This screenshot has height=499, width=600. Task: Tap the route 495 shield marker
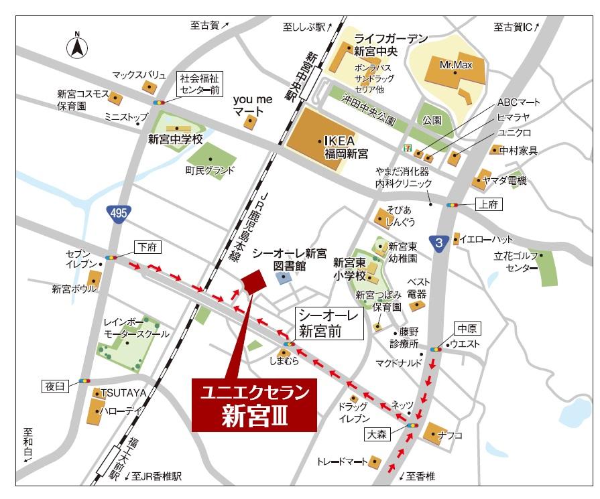[119, 213]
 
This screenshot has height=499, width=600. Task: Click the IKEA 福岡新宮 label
[346, 148]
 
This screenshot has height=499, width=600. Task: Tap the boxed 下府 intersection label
[147, 247]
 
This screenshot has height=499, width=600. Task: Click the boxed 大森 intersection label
[377, 434]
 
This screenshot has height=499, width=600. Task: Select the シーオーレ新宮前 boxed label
[329, 322]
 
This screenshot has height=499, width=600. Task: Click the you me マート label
[251, 105]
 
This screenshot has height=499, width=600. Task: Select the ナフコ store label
[451, 435]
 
